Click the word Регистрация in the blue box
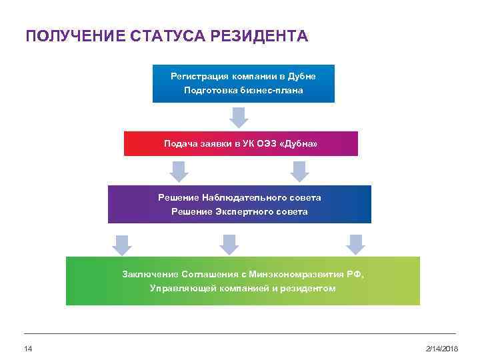click(x=199, y=76)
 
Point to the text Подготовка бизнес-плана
click(x=243, y=90)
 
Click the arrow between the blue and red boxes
click(x=239, y=117)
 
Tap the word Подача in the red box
click(x=179, y=143)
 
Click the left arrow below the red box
click(x=179, y=171)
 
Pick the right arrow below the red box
click(x=300, y=171)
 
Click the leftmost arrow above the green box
click(x=121, y=244)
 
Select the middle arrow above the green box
click(x=229, y=244)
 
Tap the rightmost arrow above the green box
click(x=356, y=244)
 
